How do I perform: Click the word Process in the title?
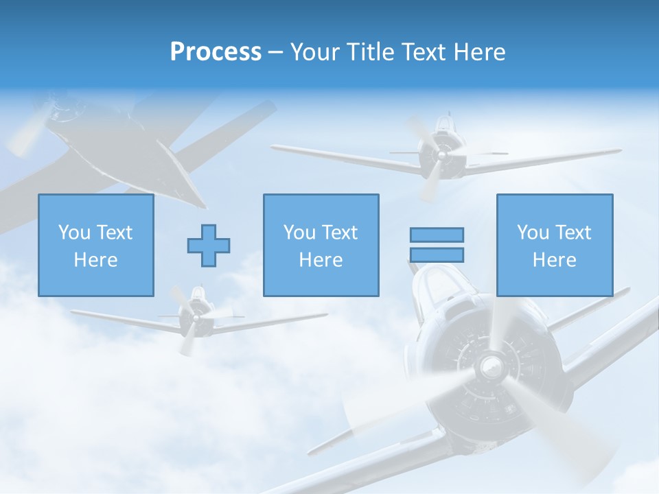216,52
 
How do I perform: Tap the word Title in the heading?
373,52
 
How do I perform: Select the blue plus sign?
209,246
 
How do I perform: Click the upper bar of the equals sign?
437,235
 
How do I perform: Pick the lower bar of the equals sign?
437,255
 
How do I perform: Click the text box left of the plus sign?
95,245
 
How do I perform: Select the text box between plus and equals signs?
321,245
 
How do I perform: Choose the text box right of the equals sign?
554,245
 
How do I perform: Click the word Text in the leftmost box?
115,233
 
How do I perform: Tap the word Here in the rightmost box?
554,260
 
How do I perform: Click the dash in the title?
276,52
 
